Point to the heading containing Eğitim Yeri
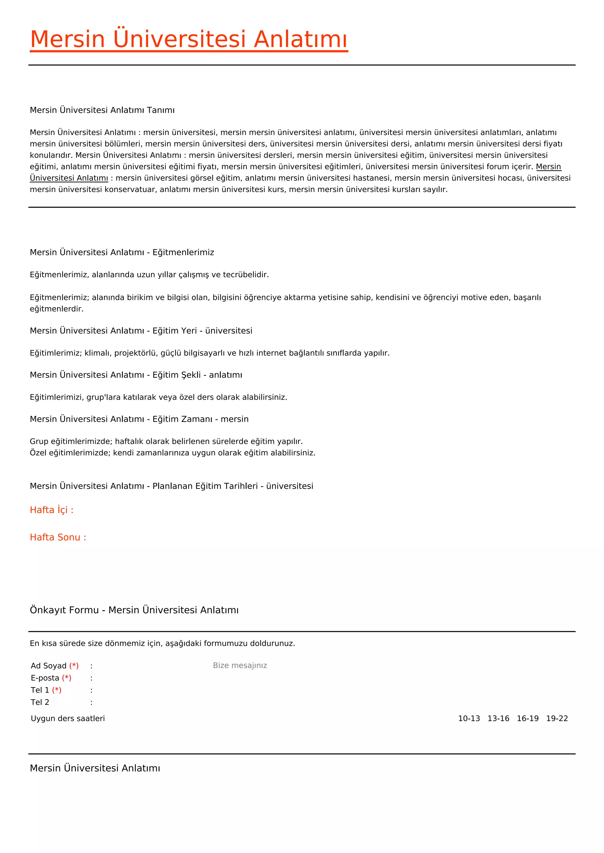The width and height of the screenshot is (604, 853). pyautogui.click(x=141, y=331)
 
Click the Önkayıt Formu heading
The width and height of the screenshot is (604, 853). pyautogui.click(x=134, y=610)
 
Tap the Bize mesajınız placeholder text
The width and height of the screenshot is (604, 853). pyautogui.click(x=240, y=665)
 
